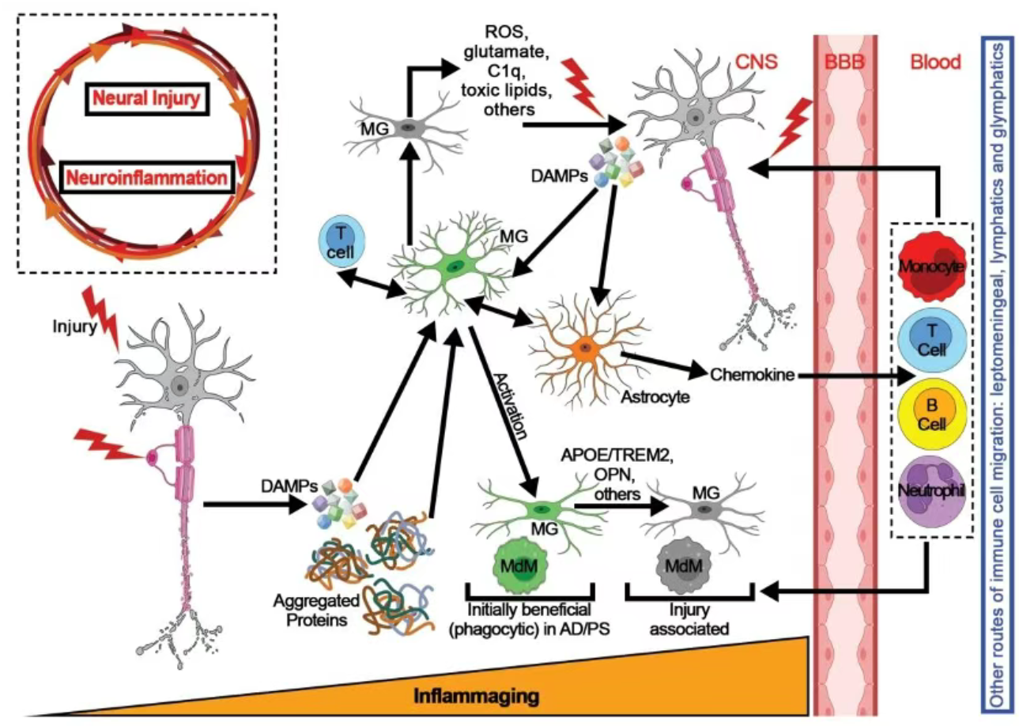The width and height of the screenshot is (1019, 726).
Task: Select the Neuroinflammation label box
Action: tap(147, 177)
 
